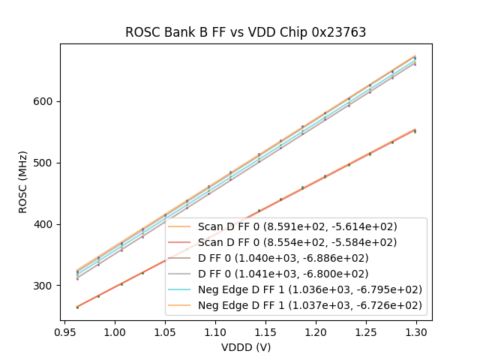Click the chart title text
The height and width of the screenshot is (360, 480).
[245, 32]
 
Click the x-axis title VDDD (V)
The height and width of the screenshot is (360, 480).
[245, 347]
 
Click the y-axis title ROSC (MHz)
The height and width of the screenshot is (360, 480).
[24, 182]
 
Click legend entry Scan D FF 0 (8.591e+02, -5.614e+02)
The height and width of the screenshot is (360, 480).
[297, 226]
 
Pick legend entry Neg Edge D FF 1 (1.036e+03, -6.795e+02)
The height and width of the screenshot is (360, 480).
[310, 289]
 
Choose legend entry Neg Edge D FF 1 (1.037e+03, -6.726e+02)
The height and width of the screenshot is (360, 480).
[310, 305]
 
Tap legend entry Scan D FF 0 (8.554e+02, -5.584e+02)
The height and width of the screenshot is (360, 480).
[297, 242]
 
